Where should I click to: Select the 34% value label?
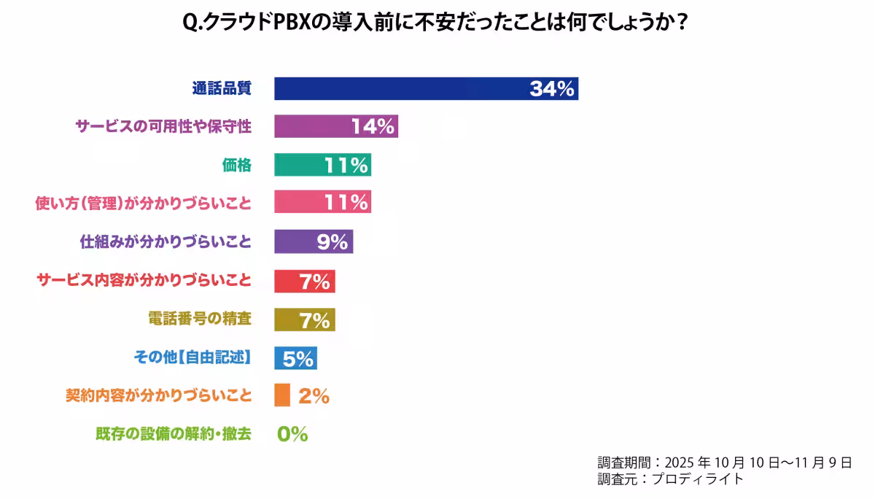pyautogui.click(x=553, y=89)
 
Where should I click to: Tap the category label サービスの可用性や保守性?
pyautogui.click(x=163, y=126)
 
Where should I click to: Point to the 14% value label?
pyautogui.click(x=373, y=126)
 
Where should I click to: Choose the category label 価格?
pyautogui.click(x=237, y=165)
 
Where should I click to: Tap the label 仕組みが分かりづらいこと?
pyautogui.click(x=166, y=241)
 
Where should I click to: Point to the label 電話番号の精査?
pyautogui.click(x=199, y=319)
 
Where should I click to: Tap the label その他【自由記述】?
pyautogui.click(x=192, y=357)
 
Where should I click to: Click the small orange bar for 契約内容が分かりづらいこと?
pyautogui.click(x=282, y=395)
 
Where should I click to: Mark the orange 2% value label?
pyautogui.click(x=314, y=396)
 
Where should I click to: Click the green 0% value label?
pyautogui.click(x=292, y=434)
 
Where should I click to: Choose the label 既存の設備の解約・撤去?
pyautogui.click(x=173, y=434)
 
